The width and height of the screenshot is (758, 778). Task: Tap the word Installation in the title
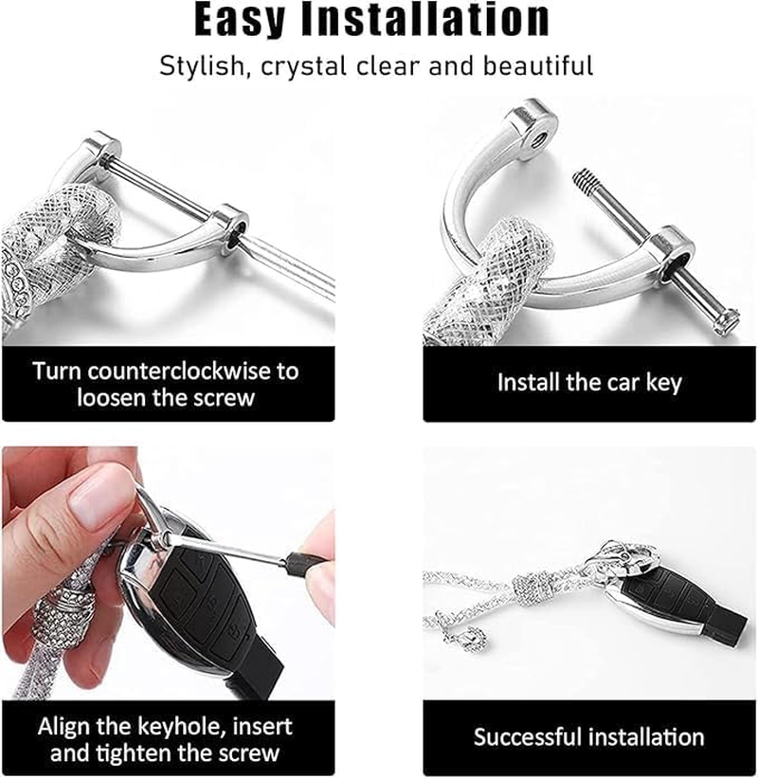point(443,20)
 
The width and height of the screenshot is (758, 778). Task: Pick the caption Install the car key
point(589,383)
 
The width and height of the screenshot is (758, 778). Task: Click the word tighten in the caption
point(148,754)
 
